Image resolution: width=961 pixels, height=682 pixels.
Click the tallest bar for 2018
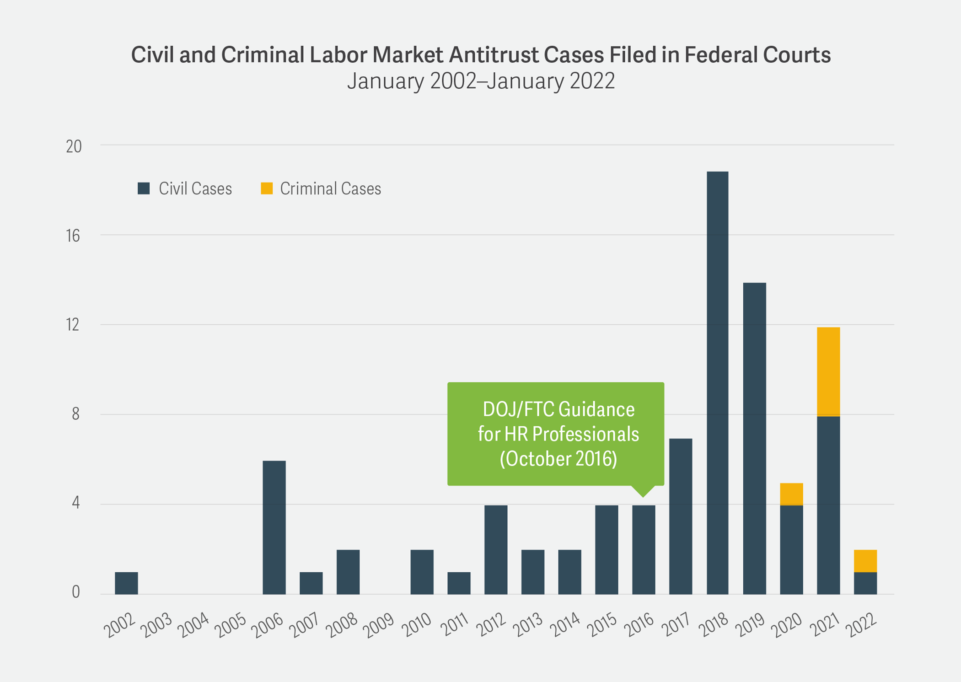717,383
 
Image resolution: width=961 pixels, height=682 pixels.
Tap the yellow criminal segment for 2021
828,371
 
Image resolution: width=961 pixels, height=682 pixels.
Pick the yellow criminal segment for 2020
791,494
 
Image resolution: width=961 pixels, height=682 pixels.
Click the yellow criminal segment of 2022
865,561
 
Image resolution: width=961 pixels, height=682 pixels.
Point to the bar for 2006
274,527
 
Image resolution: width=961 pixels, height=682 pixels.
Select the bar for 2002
126,583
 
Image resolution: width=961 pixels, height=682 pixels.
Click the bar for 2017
680,516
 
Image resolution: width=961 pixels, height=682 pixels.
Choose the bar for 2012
496,550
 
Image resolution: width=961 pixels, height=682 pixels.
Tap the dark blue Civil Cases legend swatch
144,188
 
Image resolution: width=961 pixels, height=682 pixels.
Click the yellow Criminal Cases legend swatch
267,188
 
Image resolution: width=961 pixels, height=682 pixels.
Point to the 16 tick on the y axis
73,236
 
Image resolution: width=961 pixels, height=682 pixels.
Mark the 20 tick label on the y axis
74,146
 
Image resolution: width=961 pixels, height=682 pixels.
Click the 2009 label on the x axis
378,625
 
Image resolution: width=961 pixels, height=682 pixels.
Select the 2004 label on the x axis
193,625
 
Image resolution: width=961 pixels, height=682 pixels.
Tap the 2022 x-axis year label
862,625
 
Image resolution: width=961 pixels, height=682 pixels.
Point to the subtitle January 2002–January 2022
481,81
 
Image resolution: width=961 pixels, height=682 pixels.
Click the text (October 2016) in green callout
558,459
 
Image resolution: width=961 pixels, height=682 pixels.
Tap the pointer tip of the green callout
643,496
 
